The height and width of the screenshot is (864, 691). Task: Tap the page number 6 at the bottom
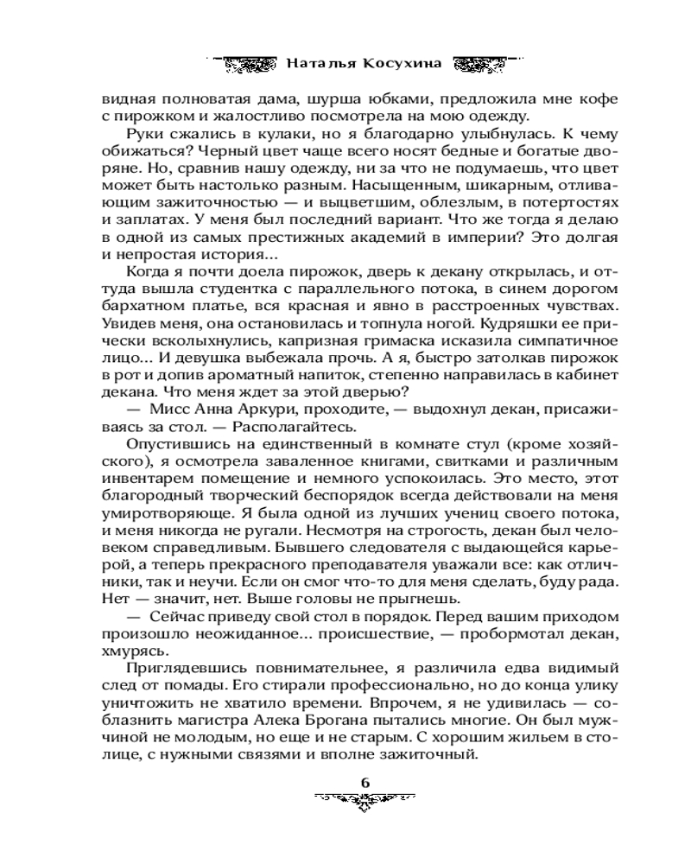pyautogui.click(x=365, y=781)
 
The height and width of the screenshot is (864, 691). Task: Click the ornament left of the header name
pyautogui.click(x=246, y=63)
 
